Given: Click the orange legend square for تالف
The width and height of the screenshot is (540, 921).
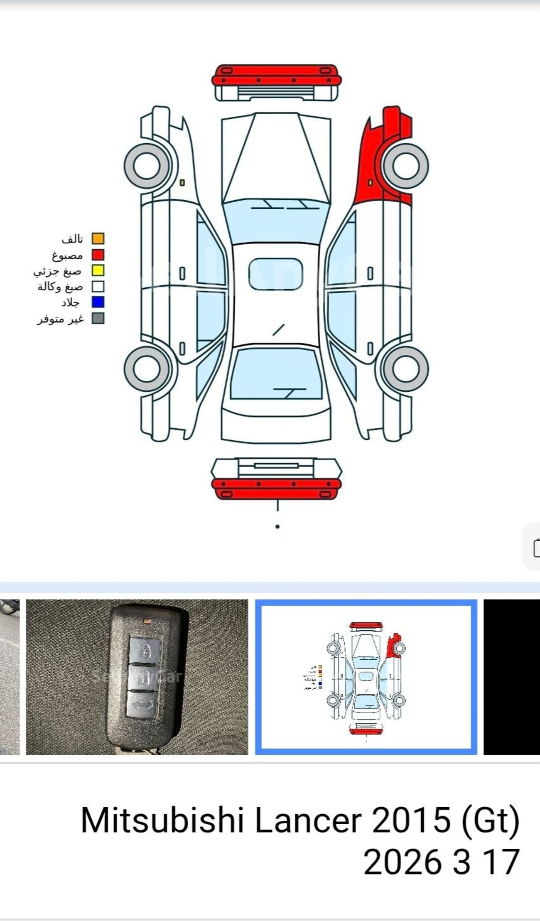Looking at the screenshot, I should pyautogui.click(x=98, y=238).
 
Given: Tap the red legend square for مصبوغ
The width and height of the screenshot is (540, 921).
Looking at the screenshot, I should pyautogui.click(x=98, y=255).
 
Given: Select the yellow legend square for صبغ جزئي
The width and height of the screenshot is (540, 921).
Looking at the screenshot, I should pyautogui.click(x=98, y=270).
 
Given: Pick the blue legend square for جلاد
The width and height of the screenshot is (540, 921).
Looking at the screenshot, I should pyautogui.click(x=98, y=302).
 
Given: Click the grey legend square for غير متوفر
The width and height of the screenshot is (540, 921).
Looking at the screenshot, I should pyautogui.click(x=98, y=318).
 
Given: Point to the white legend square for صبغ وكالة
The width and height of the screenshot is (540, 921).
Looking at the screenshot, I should pyautogui.click(x=98, y=287).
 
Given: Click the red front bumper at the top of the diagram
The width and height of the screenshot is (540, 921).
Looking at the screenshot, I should pyautogui.click(x=276, y=75).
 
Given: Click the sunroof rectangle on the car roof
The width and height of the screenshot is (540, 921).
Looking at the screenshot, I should pyautogui.click(x=275, y=274).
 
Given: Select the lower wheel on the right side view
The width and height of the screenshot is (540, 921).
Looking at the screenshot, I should pyautogui.click(x=405, y=368).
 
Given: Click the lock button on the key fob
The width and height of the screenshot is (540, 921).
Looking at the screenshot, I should pyautogui.click(x=145, y=651).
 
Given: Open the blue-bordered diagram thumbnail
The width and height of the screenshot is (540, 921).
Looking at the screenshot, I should pyautogui.click(x=366, y=677).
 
